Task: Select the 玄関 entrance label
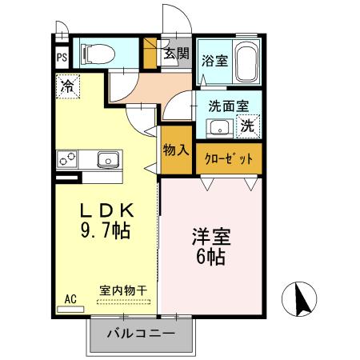click(177, 54)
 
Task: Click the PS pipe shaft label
click(62, 58)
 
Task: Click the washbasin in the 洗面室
click(218, 126)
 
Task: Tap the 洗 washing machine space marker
click(248, 126)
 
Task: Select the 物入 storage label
click(175, 150)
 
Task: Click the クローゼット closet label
click(228, 158)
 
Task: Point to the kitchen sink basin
click(108, 158)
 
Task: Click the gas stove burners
click(66, 158)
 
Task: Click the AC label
click(70, 299)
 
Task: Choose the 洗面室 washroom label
click(229, 105)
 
